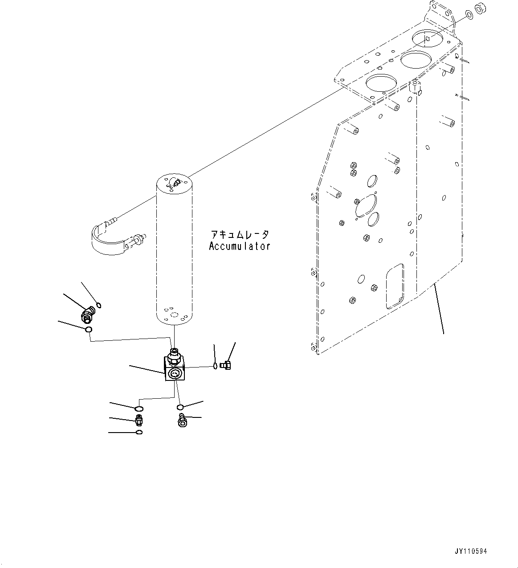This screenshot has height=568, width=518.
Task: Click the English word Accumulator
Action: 239,246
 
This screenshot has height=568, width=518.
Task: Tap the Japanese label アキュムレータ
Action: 240,234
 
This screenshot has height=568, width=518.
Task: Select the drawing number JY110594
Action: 471,551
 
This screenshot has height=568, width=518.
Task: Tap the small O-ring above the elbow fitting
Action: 99,305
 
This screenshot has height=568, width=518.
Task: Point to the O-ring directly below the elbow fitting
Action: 89,329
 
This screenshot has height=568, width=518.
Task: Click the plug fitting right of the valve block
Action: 226,365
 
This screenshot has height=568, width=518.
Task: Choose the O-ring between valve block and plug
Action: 216,366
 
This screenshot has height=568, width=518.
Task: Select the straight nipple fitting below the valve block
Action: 139,419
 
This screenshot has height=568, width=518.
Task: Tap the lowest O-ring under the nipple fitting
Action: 139,432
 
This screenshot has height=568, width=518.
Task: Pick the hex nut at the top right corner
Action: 481,8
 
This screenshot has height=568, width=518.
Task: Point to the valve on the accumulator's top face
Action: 174,182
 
